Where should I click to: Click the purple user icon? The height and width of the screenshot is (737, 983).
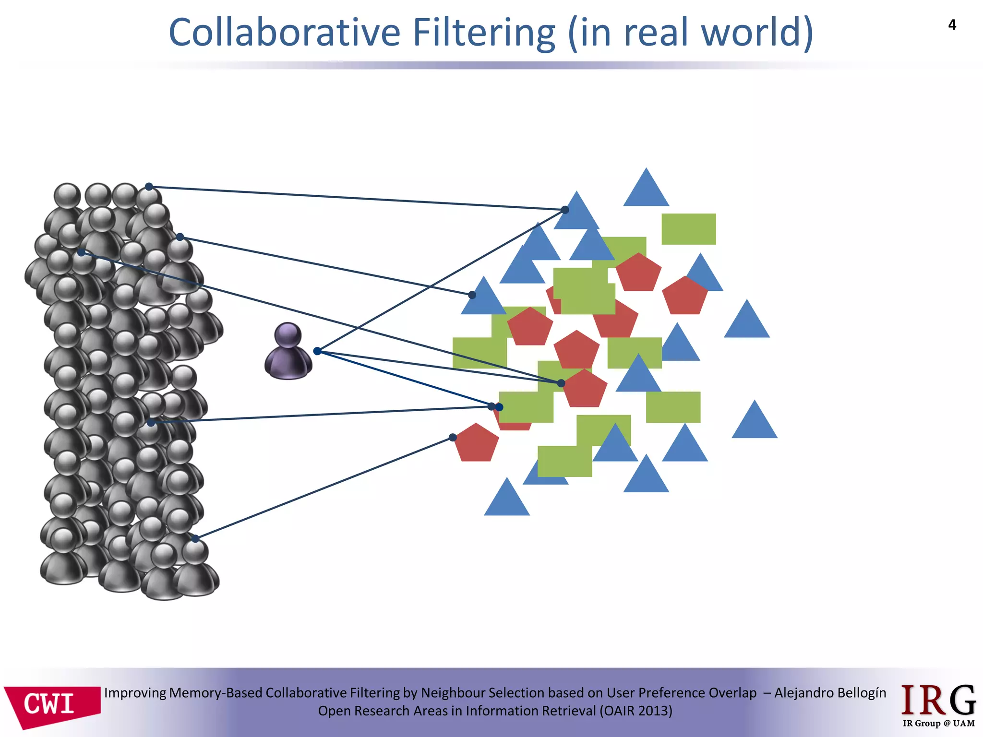tap(288, 352)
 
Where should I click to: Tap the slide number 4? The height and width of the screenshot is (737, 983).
tap(952, 25)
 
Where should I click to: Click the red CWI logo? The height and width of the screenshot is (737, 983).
tap(52, 705)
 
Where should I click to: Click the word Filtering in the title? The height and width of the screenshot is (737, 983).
tap(484, 34)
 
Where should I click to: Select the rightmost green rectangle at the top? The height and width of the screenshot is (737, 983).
tap(688, 229)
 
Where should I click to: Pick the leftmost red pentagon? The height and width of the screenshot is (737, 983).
tap(476, 443)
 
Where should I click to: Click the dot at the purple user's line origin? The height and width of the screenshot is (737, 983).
tap(317, 351)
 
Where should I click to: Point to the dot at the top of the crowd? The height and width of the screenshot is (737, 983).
tap(149, 187)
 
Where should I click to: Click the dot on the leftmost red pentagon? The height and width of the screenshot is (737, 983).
tap(453, 437)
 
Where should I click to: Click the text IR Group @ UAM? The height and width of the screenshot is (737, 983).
tap(938, 723)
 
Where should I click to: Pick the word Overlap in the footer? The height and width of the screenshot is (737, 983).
tap(731, 693)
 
